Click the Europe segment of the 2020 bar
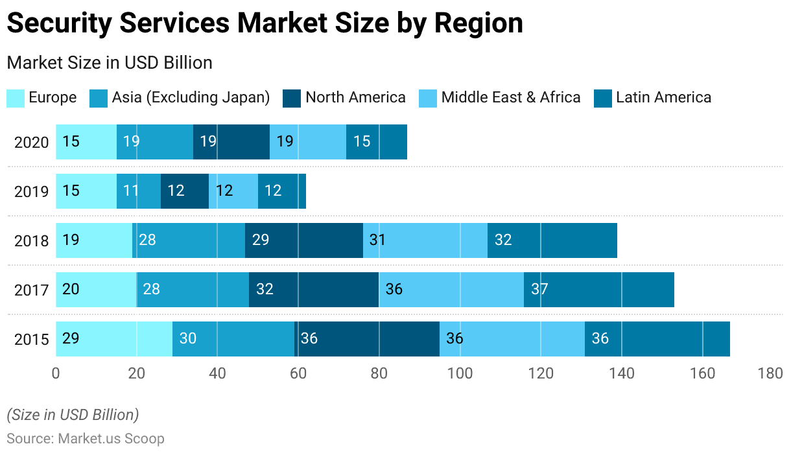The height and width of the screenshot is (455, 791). tap(86, 142)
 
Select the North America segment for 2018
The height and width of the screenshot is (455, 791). tap(303, 240)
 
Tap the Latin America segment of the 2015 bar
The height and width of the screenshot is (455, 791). tap(657, 339)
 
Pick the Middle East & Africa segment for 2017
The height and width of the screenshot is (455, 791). tap(452, 290)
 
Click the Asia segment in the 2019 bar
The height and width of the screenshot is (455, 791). tap(139, 191)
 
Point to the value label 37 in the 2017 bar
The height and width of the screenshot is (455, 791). tap(540, 290)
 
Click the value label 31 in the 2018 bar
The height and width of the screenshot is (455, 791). tap(377, 240)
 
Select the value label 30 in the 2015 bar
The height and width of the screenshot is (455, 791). tap(188, 339)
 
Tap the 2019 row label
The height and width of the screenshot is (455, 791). tap(32, 192)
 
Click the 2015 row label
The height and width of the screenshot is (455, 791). tap(32, 340)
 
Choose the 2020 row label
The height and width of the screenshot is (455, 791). tap(32, 143)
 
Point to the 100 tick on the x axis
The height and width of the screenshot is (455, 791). tap(460, 374)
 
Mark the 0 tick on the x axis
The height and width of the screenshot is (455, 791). tap(56, 374)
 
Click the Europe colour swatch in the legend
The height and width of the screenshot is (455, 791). tap(16, 99)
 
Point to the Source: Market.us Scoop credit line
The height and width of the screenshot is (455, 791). tap(86, 439)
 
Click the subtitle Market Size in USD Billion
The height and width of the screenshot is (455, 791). tap(110, 63)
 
